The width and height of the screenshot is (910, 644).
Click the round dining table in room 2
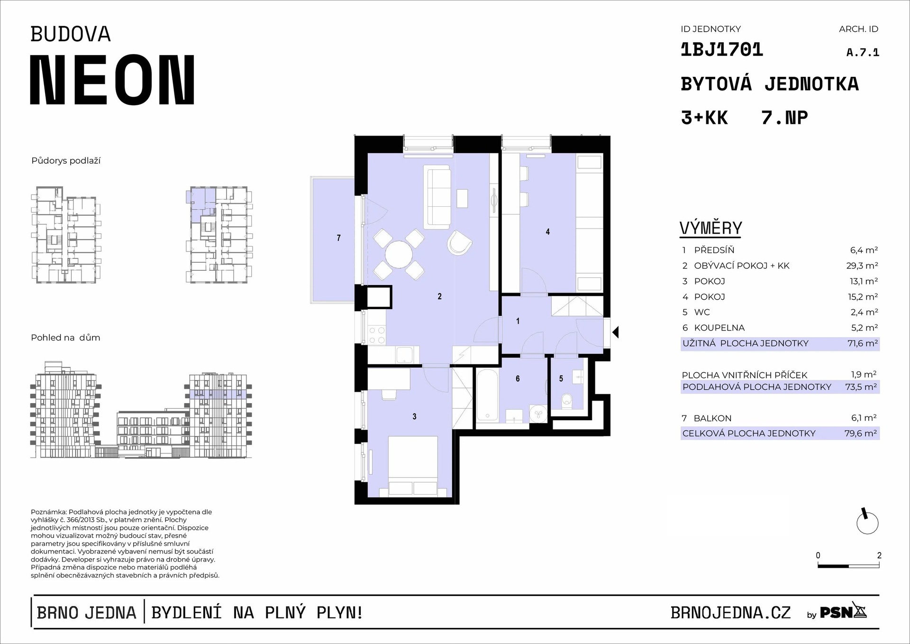pyautogui.click(x=399, y=255)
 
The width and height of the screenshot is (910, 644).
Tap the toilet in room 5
pyautogui.click(x=566, y=401)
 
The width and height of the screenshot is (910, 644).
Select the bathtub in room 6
pyautogui.click(x=487, y=396)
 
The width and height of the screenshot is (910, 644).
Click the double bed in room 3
pyautogui.click(x=412, y=467)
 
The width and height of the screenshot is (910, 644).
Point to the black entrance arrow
pyautogui.click(x=615, y=332)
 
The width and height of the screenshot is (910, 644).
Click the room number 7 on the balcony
pyautogui.click(x=338, y=238)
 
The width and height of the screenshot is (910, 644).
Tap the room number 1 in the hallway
pyautogui.click(x=518, y=321)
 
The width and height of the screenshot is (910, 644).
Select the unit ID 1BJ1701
pyautogui.click(x=722, y=50)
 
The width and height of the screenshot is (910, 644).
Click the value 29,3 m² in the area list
pyautogui.click(x=862, y=266)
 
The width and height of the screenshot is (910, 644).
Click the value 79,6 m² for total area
pyautogui.click(x=861, y=433)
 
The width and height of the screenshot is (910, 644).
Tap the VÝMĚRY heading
pyautogui.click(x=710, y=228)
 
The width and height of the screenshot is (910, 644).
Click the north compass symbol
pyautogui.click(x=867, y=522)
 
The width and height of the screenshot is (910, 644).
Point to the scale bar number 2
pyautogui.click(x=879, y=555)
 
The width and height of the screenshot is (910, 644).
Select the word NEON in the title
pyautogui.click(x=112, y=80)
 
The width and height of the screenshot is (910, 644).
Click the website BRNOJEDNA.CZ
pyautogui.click(x=730, y=613)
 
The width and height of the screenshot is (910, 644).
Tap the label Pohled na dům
pyautogui.click(x=65, y=338)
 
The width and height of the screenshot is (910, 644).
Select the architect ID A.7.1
pyautogui.click(x=863, y=52)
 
